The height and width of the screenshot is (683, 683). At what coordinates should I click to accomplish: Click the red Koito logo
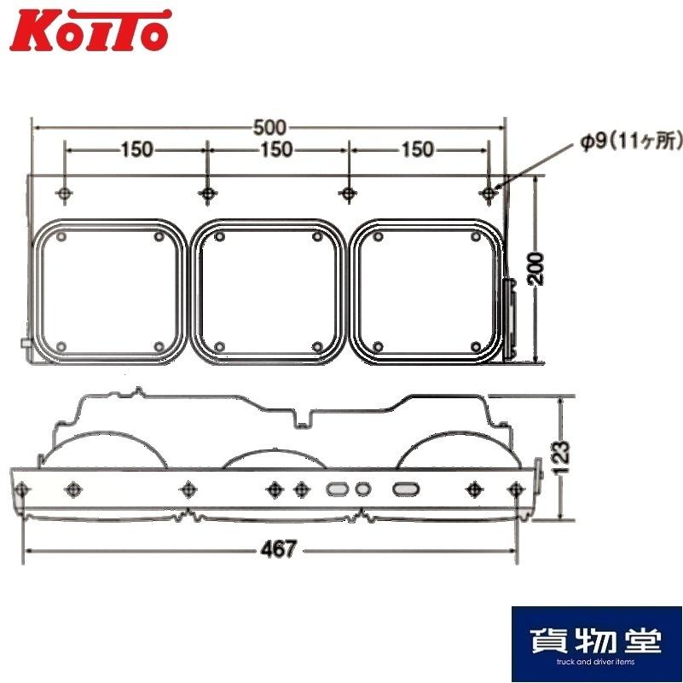(x=90, y=30)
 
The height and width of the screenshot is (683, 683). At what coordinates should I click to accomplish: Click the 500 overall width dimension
(x=270, y=128)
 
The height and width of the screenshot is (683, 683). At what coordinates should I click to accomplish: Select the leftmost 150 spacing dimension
(x=136, y=149)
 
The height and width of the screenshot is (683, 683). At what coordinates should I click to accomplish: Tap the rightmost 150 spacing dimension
(x=417, y=149)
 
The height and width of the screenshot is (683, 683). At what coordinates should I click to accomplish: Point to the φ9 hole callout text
(x=630, y=142)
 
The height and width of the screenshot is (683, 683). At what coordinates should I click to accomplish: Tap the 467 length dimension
(x=278, y=549)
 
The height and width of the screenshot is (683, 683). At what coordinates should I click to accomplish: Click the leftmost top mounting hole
(x=65, y=193)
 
